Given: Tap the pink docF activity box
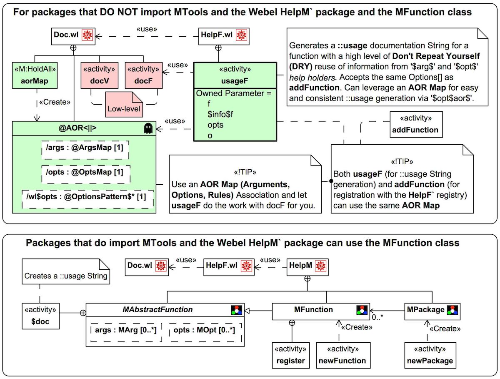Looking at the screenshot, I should tap(143, 75).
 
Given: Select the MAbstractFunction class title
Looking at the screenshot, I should tap(157, 310).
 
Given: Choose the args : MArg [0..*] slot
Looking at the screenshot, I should tap(125, 330).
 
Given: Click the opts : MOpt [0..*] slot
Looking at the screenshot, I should tap(205, 330).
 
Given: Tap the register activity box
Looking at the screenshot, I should tap(291, 355).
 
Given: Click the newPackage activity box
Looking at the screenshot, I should tap(429, 355).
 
